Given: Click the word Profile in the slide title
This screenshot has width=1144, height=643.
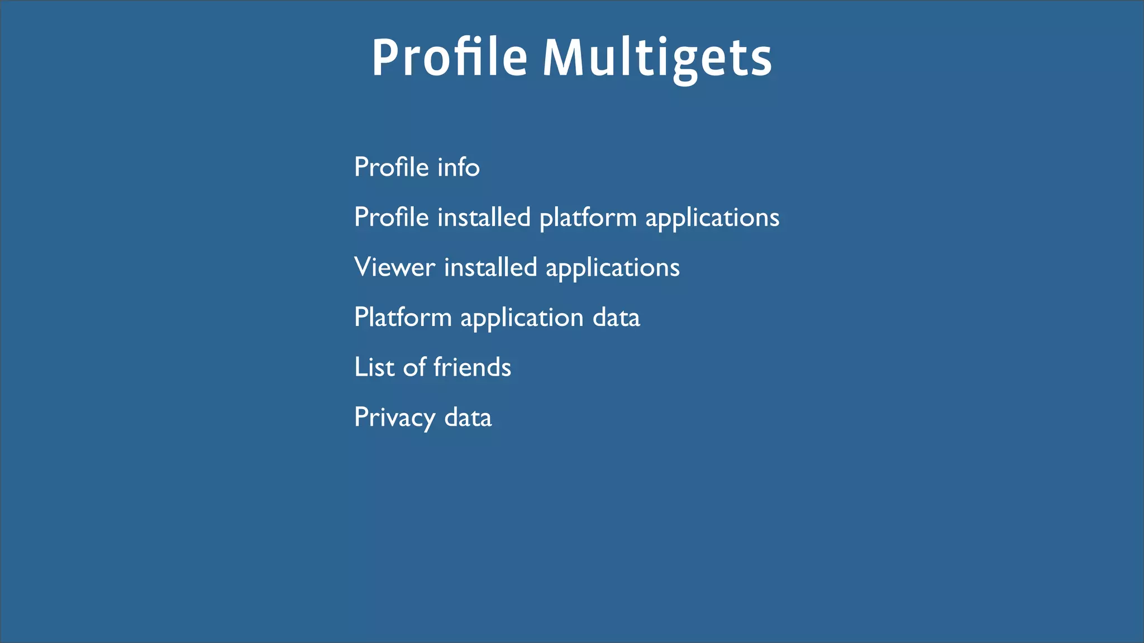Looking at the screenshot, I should [x=450, y=57].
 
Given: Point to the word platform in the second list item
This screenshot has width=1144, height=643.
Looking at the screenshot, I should [x=588, y=218].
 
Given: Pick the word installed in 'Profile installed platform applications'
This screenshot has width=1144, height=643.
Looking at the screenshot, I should [x=484, y=217].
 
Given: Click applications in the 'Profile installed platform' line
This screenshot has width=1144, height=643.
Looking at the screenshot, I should [x=712, y=218].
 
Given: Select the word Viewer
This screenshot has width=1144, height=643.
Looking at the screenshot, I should [x=394, y=267].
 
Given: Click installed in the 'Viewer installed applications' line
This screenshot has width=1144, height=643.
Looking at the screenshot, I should [x=490, y=267].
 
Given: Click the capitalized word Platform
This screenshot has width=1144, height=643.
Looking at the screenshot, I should [x=403, y=317].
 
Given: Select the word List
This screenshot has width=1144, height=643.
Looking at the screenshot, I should [x=374, y=367].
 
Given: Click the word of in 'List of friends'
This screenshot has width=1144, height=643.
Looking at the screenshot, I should [x=414, y=367].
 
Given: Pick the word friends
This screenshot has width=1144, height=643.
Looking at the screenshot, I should [x=472, y=367].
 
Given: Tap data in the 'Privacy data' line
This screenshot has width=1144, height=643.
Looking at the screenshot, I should [x=468, y=418].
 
